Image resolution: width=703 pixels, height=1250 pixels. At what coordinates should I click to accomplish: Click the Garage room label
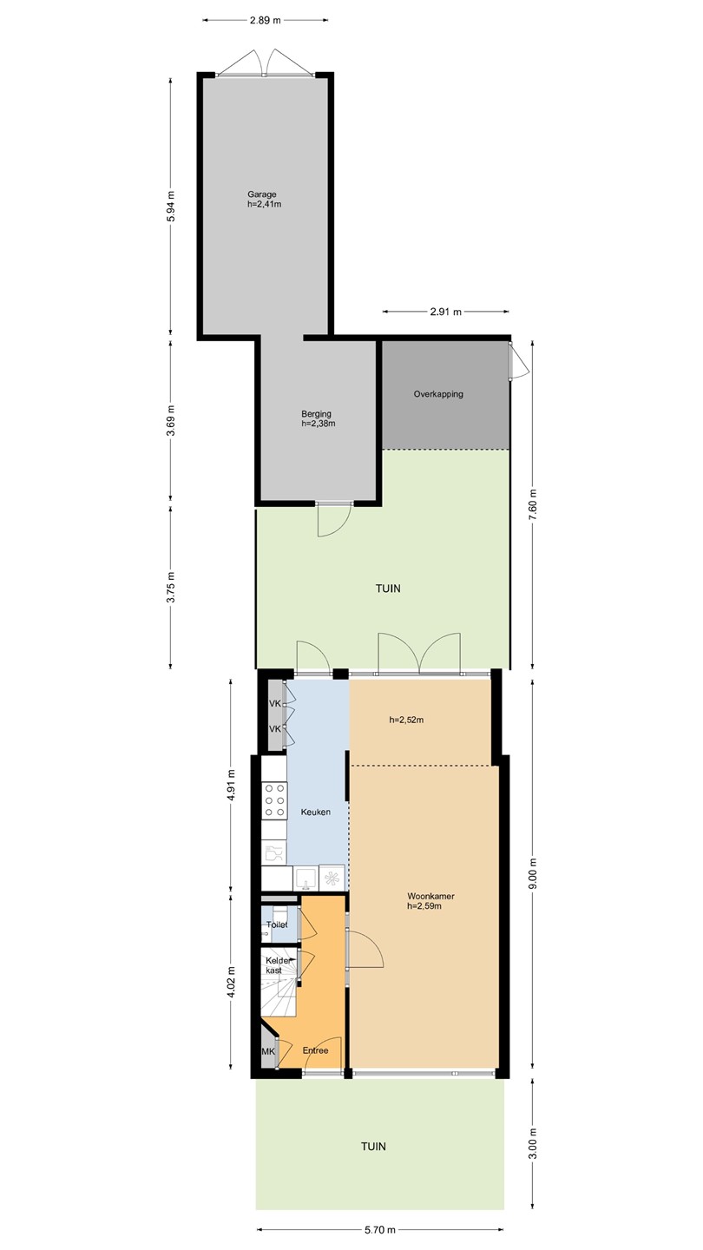(262, 194)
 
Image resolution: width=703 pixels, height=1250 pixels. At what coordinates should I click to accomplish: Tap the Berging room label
(316, 414)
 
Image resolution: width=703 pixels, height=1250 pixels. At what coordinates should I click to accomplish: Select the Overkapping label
(438, 394)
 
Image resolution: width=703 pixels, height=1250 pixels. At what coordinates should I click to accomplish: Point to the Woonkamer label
(430, 896)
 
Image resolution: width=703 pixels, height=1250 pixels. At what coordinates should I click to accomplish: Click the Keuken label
(316, 812)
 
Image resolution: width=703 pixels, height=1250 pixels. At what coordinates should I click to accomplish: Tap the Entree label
(315, 1050)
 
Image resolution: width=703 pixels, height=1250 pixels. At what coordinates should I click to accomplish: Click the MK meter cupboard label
(268, 1051)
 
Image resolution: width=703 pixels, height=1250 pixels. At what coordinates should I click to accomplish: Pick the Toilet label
(277, 924)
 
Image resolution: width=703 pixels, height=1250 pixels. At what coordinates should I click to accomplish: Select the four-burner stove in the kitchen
(274, 800)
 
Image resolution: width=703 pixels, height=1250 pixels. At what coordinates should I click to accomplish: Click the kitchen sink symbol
(306, 878)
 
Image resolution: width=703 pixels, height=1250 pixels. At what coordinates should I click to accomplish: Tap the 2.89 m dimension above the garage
(266, 21)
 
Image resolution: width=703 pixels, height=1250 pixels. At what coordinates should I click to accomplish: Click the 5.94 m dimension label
(171, 207)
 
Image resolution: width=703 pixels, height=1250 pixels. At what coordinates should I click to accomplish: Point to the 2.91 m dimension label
(446, 312)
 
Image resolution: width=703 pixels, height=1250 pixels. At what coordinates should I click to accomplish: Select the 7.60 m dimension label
(533, 505)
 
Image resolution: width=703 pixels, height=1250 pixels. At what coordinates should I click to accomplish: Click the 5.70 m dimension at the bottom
(380, 1230)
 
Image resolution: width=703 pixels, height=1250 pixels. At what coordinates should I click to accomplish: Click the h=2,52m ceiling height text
(407, 720)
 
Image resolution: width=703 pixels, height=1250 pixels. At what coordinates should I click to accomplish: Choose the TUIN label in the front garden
(373, 1146)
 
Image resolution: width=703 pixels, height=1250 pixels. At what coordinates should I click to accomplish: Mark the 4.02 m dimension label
(232, 981)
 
